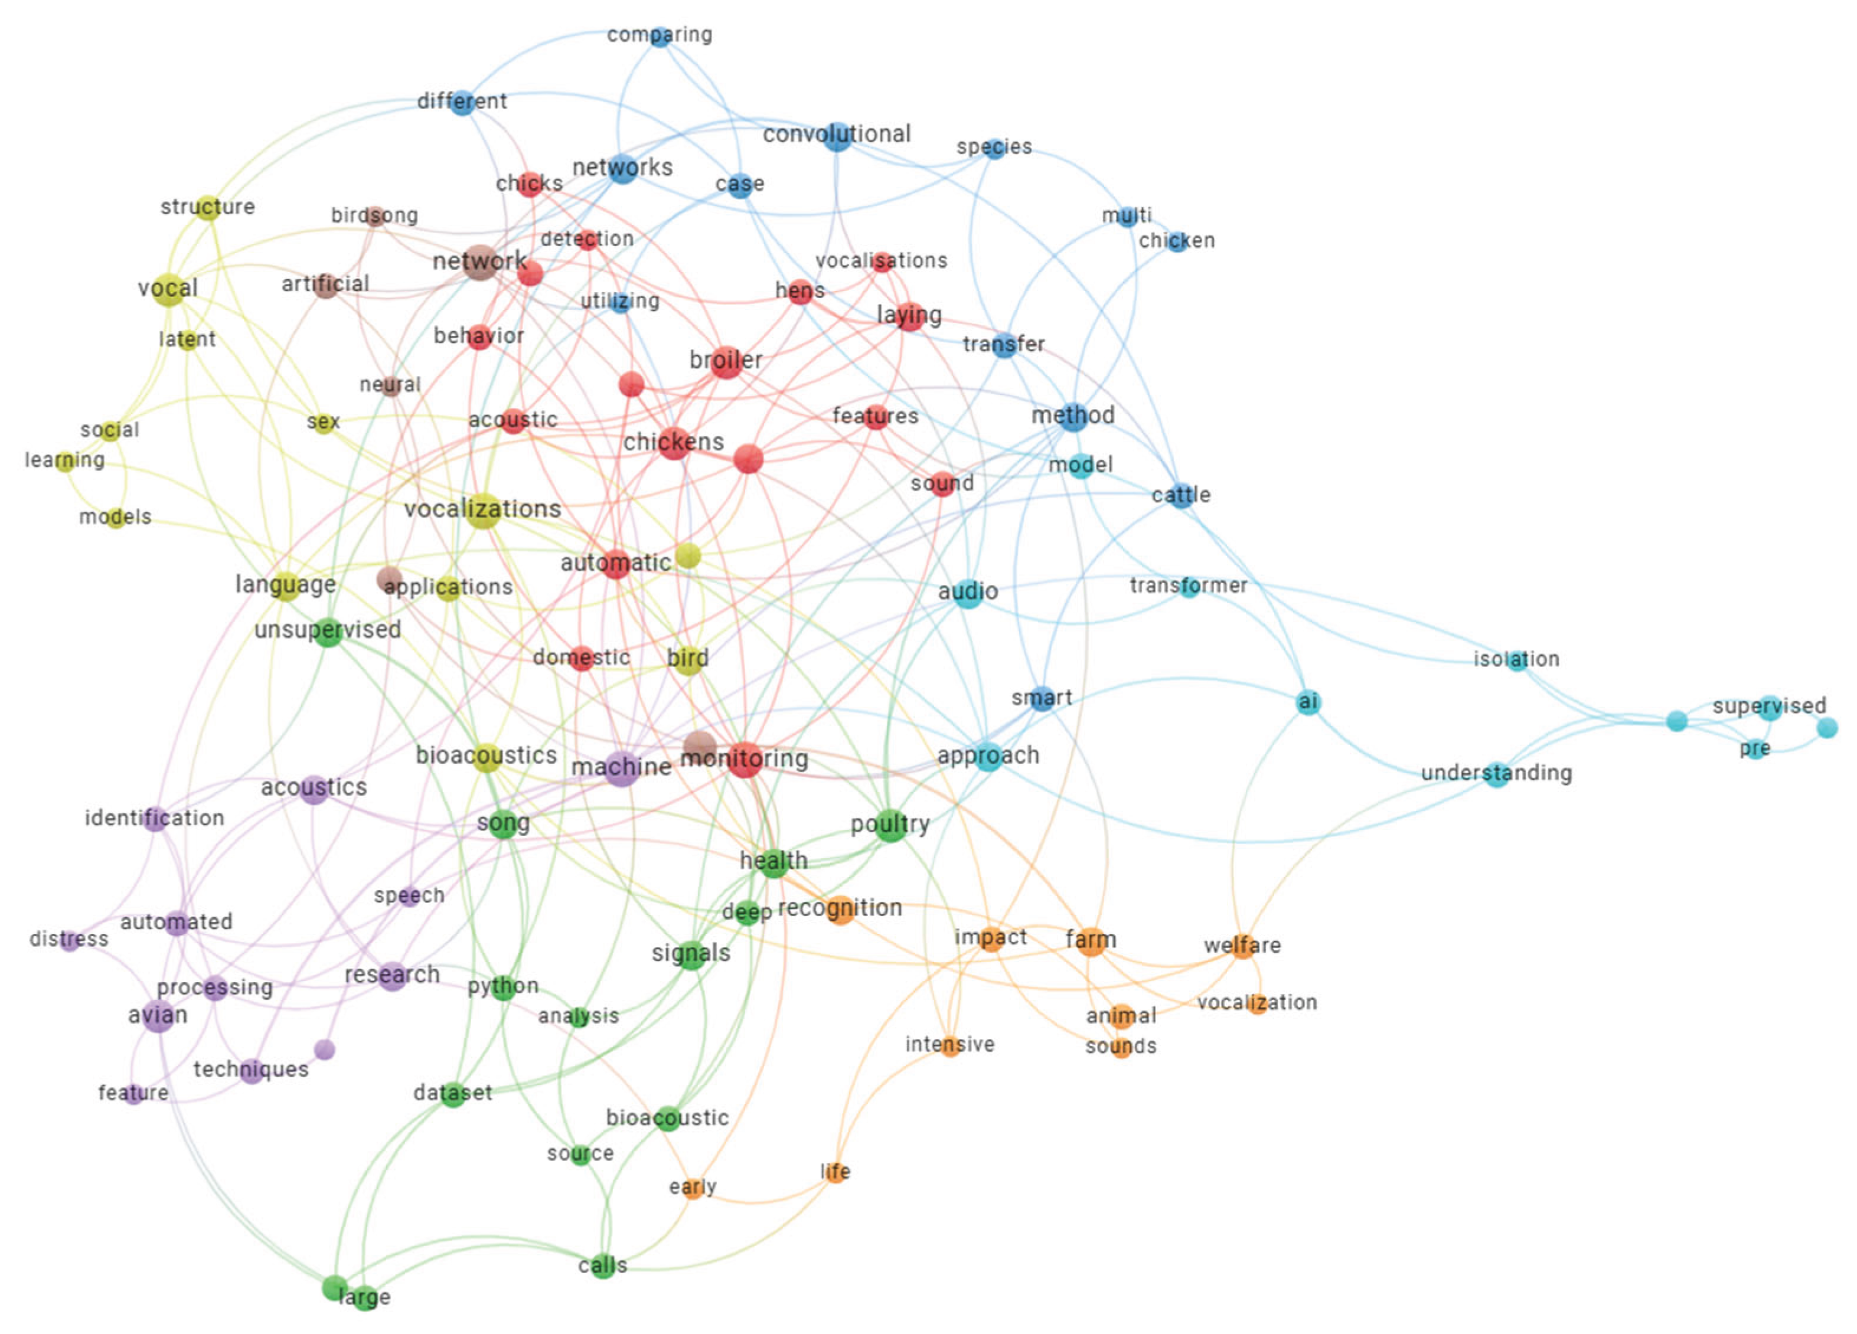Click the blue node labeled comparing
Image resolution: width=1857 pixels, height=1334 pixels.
coord(660,37)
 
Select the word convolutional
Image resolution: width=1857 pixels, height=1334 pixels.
coord(836,133)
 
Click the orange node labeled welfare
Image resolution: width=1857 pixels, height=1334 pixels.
coord(1242,946)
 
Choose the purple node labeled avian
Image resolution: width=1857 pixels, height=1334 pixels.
coord(158,1016)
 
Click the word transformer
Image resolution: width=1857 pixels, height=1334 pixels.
coord(1188,586)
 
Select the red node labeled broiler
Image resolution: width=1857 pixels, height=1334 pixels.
coord(726,361)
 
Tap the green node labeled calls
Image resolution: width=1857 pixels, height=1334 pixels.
coord(603,1266)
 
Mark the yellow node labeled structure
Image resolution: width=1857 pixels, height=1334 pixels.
coord(208,207)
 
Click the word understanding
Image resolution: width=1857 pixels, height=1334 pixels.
coord(1496,773)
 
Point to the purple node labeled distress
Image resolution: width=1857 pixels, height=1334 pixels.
coord(70,940)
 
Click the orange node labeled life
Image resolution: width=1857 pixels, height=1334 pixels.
coord(835,1172)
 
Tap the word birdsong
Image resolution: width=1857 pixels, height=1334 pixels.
coord(374,215)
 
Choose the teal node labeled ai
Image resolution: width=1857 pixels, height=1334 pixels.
coord(1308,702)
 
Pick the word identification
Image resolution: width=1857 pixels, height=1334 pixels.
coord(154,819)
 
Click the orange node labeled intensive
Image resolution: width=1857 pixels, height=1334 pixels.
coord(950,1045)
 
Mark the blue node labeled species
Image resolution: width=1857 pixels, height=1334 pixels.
coord(994,148)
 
